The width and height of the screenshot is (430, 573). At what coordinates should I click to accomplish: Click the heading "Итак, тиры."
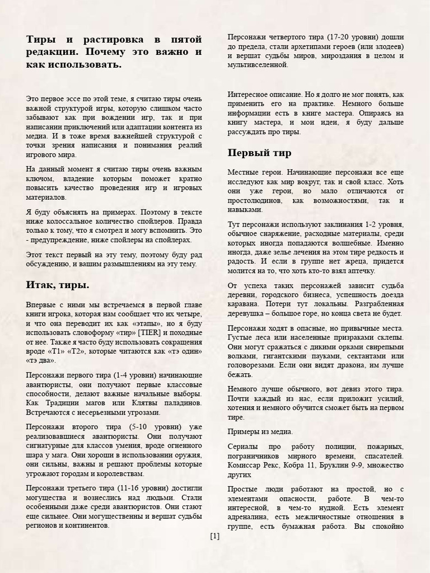point(58,285)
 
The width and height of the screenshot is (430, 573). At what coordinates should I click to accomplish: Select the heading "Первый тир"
point(259,153)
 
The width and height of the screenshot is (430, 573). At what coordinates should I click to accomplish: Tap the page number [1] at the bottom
point(215,536)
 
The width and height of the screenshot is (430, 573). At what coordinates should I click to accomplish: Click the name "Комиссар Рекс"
point(254,465)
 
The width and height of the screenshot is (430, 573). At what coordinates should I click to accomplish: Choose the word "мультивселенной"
point(258,65)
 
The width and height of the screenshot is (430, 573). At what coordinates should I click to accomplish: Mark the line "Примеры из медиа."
point(260,432)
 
